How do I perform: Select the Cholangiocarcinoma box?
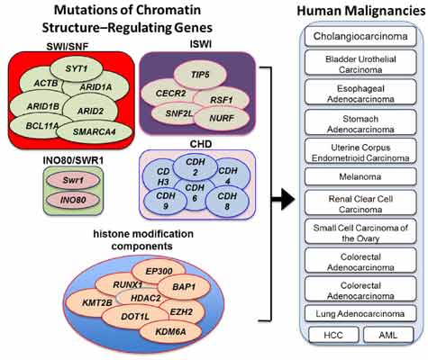coord(358,37)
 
